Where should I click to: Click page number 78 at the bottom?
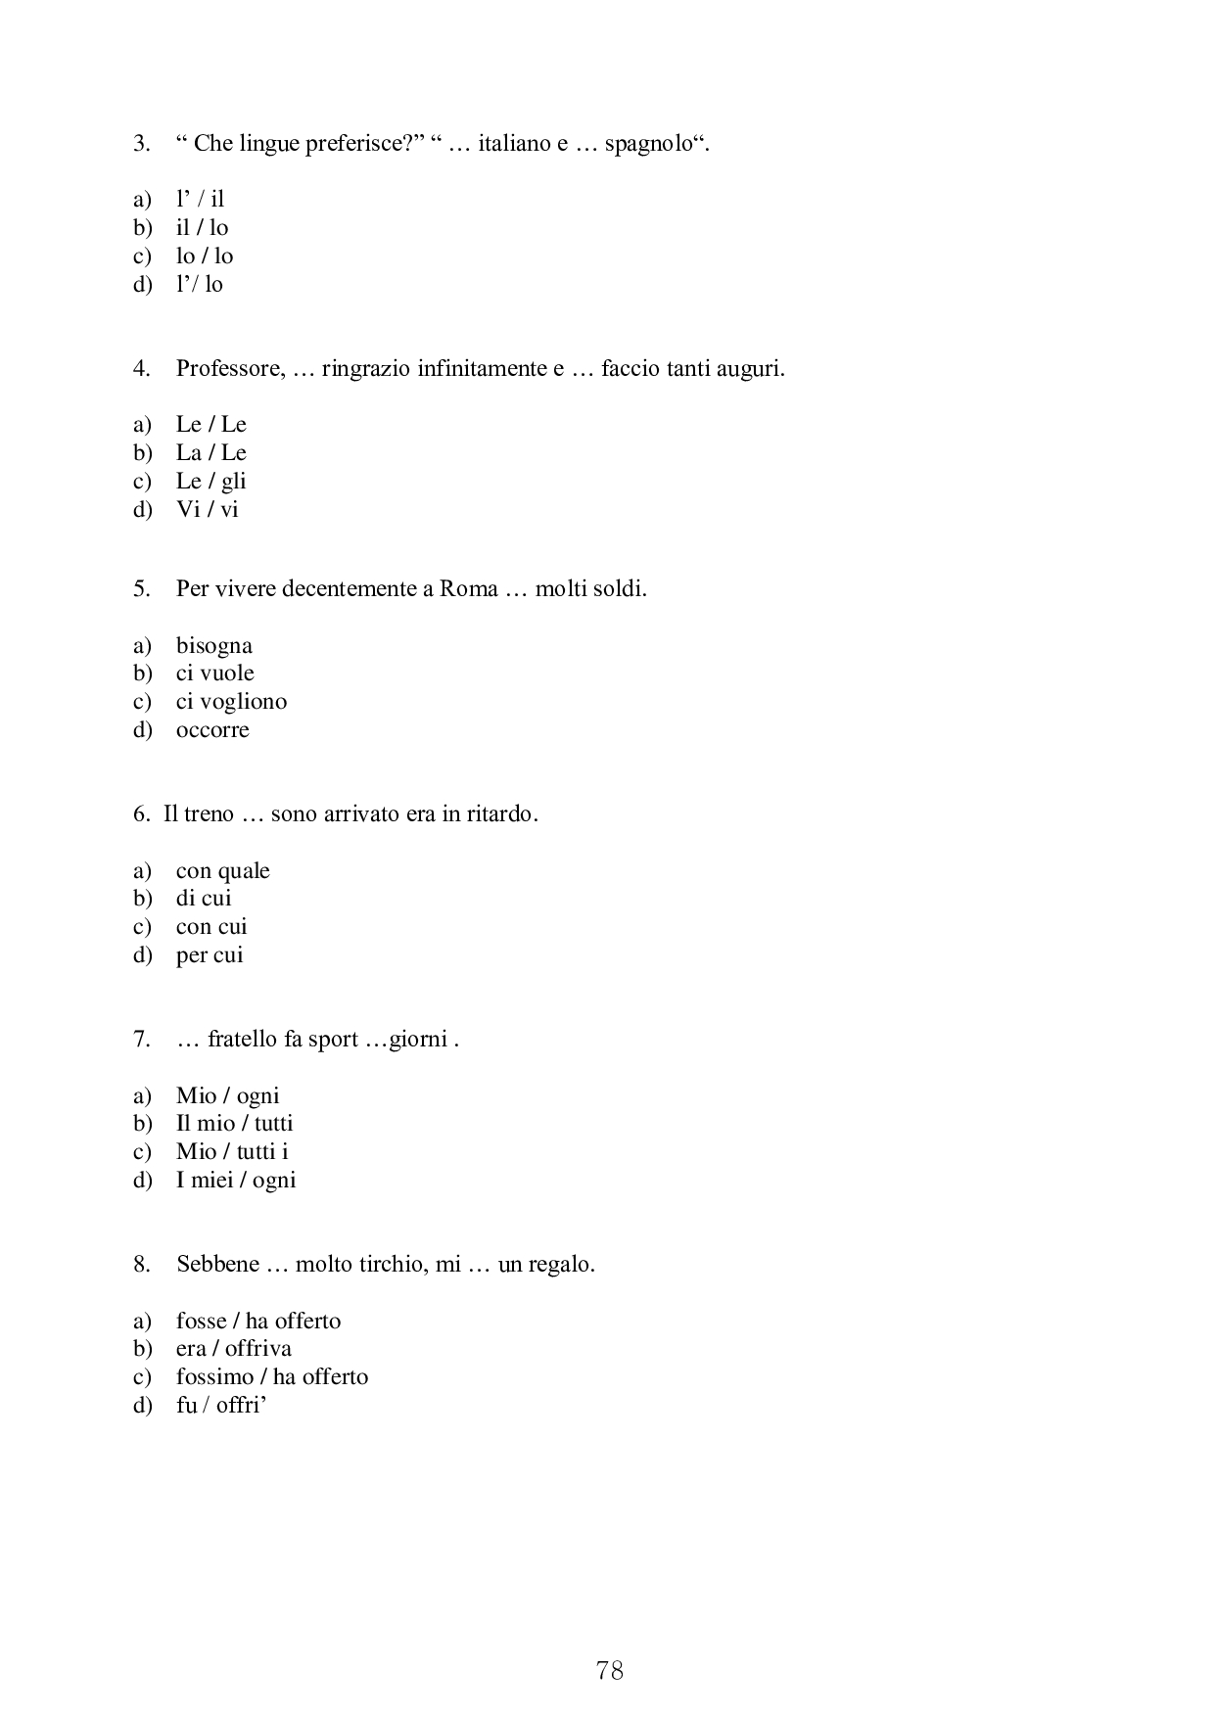(x=609, y=1670)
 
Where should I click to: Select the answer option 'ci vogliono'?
(x=231, y=702)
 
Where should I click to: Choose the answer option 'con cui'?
(x=211, y=927)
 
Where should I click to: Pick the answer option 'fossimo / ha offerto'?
(x=272, y=1377)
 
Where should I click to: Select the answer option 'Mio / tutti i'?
(x=232, y=1152)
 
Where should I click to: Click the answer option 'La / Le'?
(x=211, y=453)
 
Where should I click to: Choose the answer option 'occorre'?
(x=212, y=730)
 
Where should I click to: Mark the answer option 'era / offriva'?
(x=234, y=1349)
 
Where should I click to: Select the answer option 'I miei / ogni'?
(x=236, y=1181)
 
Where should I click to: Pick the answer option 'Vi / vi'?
(x=208, y=510)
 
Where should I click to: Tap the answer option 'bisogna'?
(x=214, y=646)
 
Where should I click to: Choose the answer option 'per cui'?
(x=210, y=955)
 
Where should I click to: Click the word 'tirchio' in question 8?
(x=391, y=1265)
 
